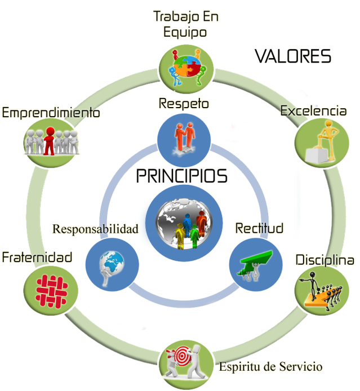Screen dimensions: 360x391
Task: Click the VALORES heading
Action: click(x=293, y=56)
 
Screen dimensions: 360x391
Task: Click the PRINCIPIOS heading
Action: click(x=182, y=176)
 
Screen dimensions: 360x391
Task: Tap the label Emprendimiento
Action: click(x=51, y=113)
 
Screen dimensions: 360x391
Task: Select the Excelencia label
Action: click(x=313, y=111)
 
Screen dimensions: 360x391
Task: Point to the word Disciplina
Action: click(x=325, y=260)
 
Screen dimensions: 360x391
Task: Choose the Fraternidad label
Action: click(x=37, y=257)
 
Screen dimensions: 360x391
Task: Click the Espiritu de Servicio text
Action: click(x=270, y=367)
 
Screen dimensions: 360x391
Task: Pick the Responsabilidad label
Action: click(x=95, y=229)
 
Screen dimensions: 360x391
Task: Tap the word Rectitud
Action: click(x=259, y=228)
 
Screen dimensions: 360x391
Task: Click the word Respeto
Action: click(x=184, y=103)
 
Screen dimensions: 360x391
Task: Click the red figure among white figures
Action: click(x=50, y=141)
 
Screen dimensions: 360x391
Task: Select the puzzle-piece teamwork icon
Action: click(x=186, y=68)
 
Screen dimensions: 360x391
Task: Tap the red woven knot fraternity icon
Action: click(x=51, y=291)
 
